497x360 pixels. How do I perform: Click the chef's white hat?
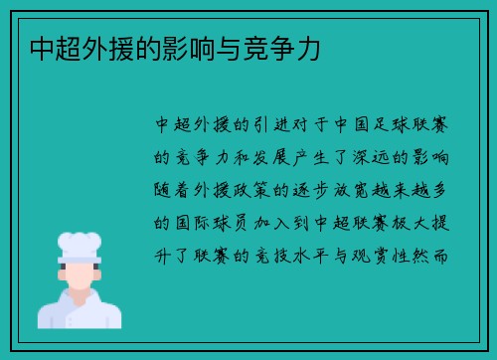[x=79, y=245]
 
